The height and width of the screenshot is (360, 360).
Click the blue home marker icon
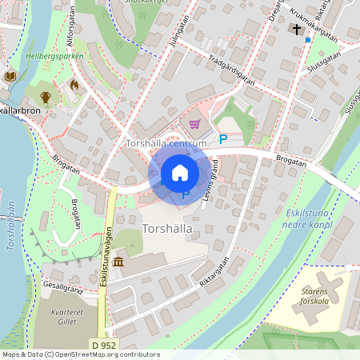pyautogui.click(x=180, y=173)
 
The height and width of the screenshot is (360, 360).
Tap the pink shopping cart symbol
pyautogui.click(x=194, y=124)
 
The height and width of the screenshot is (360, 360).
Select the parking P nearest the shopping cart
pyautogui.click(x=223, y=139)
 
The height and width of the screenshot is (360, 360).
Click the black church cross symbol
pyautogui.click(x=297, y=30)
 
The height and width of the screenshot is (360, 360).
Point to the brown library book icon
pyautogui.click(x=10, y=77)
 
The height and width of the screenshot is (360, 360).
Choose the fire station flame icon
pyautogui.click(x=74, y=83)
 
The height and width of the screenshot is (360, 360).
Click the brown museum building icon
pyautogui.click(x=118, y=262)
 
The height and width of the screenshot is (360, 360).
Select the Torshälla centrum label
pyautogui.click(x=167, y=143)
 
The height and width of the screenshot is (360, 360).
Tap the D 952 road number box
pyautogui.click(x=103, y=345)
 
